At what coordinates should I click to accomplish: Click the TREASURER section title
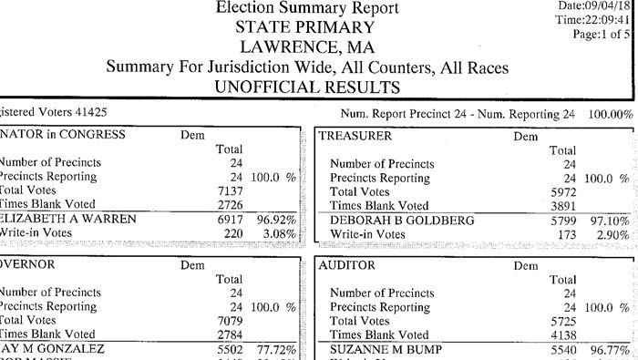(x=357, y=135)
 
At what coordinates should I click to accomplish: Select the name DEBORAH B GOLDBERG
(x=401, y=220)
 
